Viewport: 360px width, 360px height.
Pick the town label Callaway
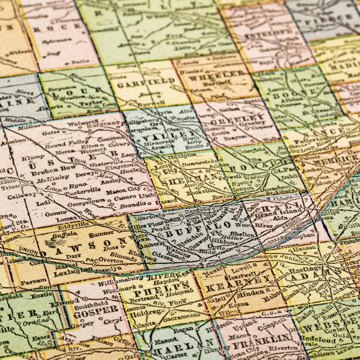pyautogui.click(x=22, y=195)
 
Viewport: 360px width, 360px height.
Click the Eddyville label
pyautogui.click(x=62, y=225)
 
